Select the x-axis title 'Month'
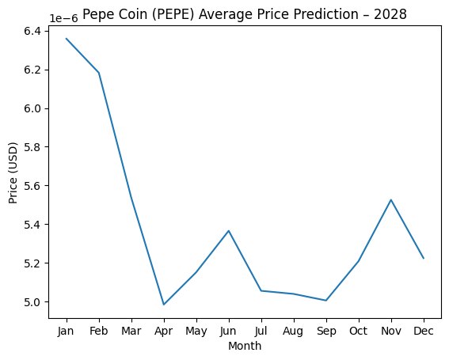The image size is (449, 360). click(x=245, y=346)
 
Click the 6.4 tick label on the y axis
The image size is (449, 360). click(x=32, y=31)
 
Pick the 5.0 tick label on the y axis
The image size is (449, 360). click(x=32, y=302)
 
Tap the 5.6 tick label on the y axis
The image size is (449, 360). click(x=32, y=186)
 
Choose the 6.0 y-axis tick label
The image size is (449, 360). click(x=32, y=108)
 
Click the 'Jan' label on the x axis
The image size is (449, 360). click(x=66, y=330)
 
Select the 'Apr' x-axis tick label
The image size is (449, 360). click(x=163, y=330)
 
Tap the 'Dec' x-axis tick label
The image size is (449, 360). click(x=424, y=330)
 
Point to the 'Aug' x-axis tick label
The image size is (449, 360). click(x=294, y=330)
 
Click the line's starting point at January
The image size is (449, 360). click(x=66, y=38)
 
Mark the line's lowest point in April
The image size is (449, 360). click(x=163, y=305)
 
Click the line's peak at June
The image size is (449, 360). click(x=229, y=231)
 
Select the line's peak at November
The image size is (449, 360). click(x=391, y=199)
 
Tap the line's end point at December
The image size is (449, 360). click(x=424, y=258)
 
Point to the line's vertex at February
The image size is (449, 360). click(x=98, y=73)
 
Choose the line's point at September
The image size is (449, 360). click(x=326, y=301)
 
